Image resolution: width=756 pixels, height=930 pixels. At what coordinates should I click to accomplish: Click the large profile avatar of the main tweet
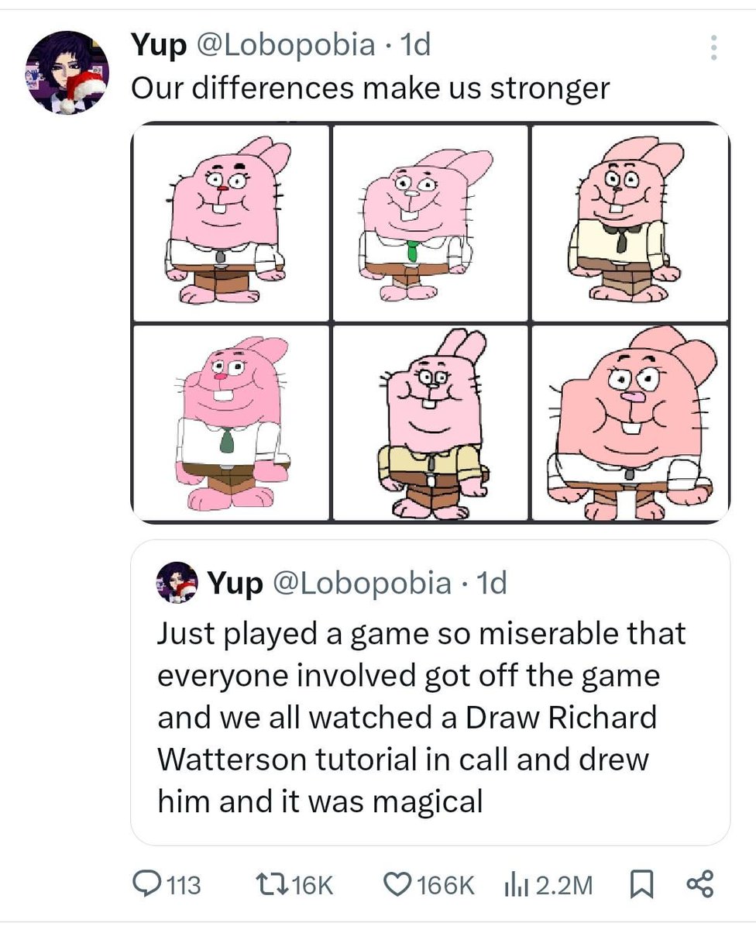[x=67, y=73]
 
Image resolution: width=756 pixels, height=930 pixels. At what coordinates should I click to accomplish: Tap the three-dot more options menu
[x=713, y=47]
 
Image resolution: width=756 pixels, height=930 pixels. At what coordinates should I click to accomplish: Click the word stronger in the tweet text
[x=550, y=89]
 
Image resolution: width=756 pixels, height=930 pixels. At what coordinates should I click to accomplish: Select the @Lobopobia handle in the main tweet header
[x=286, y=44]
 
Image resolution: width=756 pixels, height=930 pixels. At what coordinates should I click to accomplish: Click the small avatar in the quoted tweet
[x=177, y=582]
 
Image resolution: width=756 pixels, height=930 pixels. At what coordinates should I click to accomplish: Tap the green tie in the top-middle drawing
[x=412, y=250]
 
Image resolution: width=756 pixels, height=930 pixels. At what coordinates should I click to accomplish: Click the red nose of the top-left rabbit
[x=223, y=188]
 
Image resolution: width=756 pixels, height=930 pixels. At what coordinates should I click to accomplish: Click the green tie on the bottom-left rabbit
[x=227, y=441]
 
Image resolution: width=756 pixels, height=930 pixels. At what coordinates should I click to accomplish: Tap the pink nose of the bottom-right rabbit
[x=632, y=397]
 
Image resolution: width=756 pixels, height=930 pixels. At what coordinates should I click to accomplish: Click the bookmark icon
[x=641, y=884]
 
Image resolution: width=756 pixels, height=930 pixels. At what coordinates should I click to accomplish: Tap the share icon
[x=700, y=884]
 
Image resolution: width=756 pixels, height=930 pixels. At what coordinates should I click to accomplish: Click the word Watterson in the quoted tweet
[x=231, y=759]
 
